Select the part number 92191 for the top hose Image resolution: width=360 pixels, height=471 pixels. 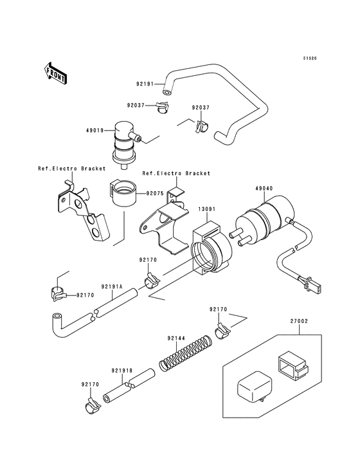click(x=145, y=84)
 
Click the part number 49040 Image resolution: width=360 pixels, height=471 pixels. click(x=265, y=190)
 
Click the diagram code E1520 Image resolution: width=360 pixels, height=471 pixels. click(x=311, y=59)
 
